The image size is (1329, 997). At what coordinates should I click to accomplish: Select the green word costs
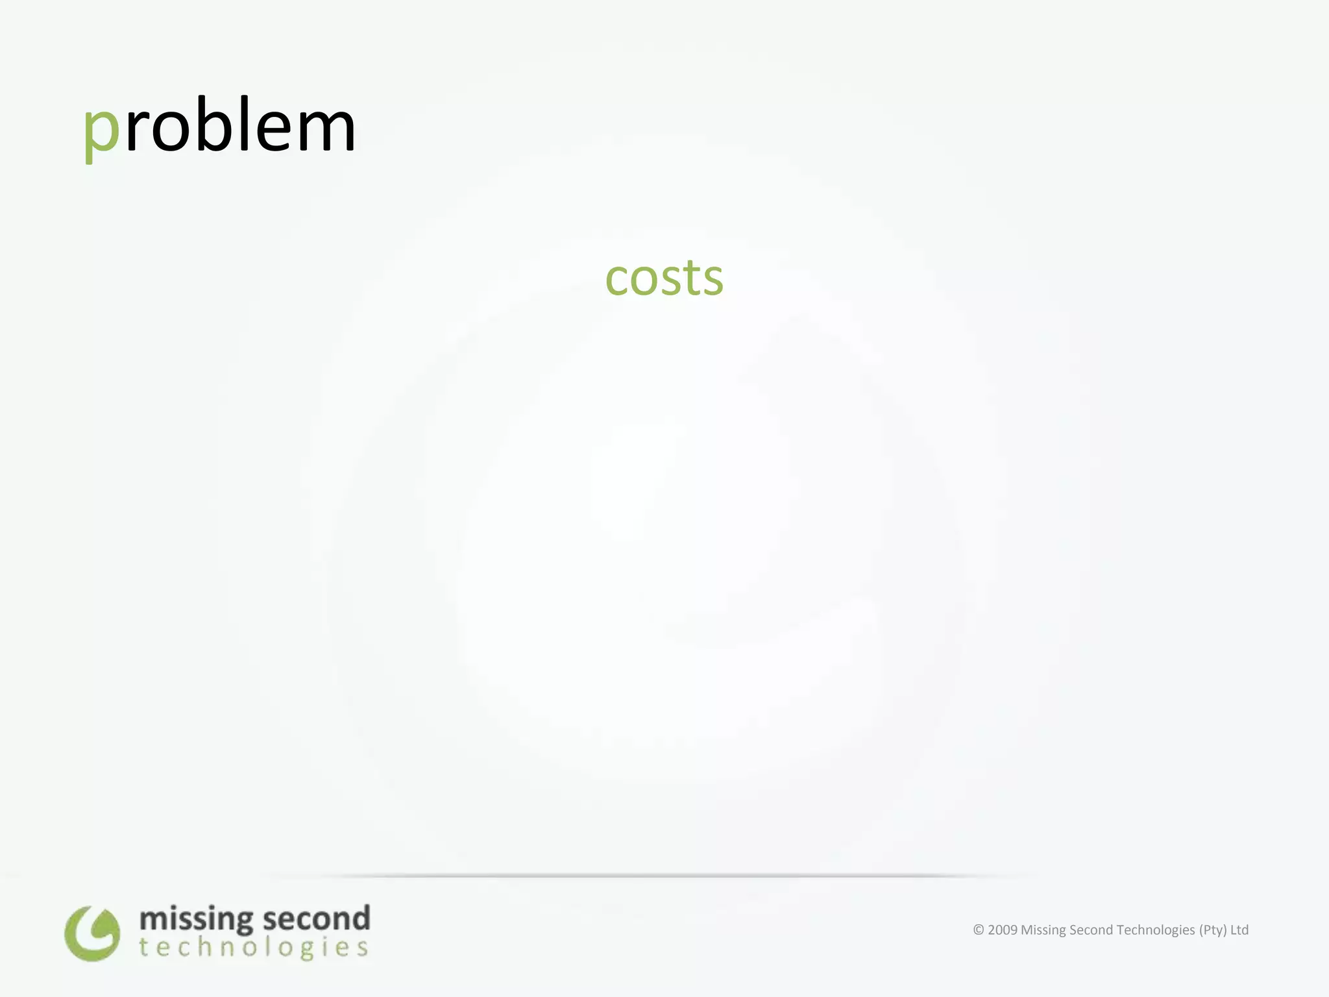coord(664,278)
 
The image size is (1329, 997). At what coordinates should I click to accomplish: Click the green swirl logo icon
coord(92,933)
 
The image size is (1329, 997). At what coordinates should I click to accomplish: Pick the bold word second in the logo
coord(317,918)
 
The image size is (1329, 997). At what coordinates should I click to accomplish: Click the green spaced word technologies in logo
coord(254,948)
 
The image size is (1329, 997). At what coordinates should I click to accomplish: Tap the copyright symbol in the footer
coord(979,930)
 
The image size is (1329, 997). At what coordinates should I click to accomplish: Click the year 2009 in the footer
coord(1003,930)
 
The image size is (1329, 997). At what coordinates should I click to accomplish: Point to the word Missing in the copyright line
coord(1043,930)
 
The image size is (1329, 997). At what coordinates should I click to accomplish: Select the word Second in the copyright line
coord(1090,930)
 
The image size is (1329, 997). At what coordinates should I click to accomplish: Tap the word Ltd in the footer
coord(1239,930)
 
